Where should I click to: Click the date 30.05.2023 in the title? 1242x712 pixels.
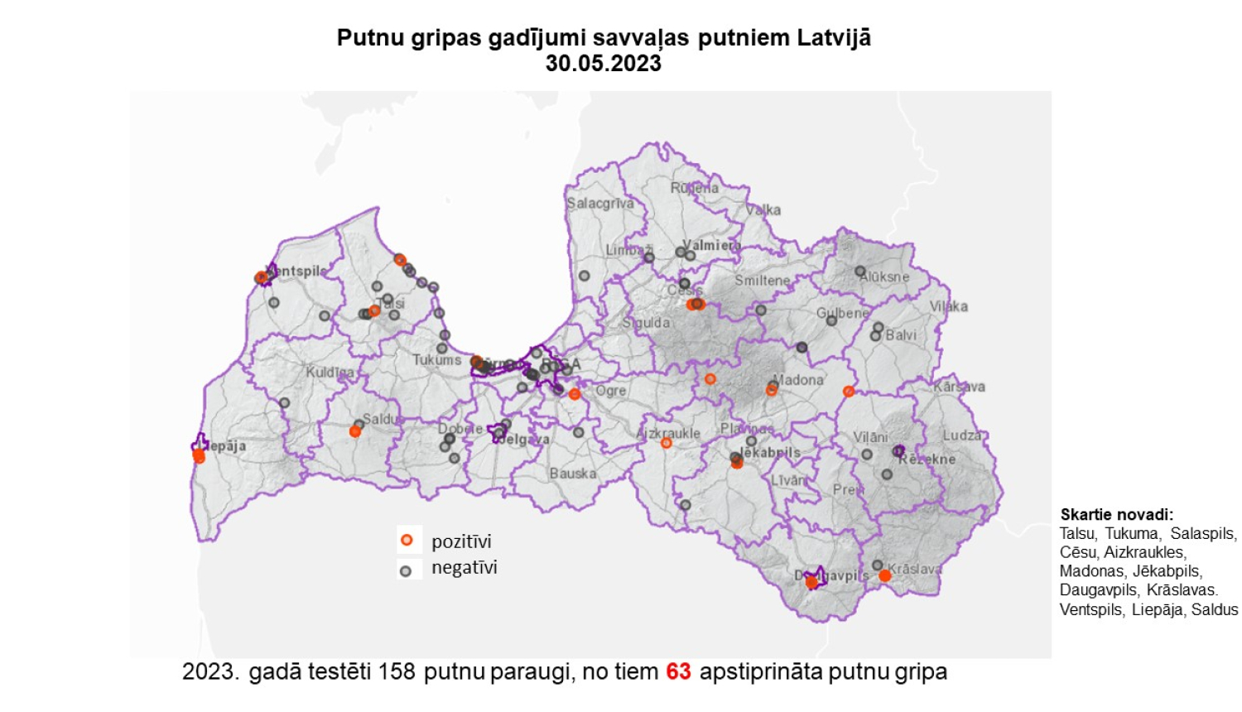click(x=603, y=64)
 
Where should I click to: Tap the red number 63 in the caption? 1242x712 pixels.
click(x=678, y=671)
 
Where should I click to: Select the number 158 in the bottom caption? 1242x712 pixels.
click(x=396, y=671)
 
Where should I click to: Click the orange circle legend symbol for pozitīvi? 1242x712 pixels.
click(x=407, y=541)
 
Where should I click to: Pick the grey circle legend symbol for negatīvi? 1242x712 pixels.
click(x=406, y=570)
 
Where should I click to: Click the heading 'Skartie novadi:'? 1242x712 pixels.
click(x=1116, y=515)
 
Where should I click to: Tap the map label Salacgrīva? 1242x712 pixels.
click(x=599, y=203)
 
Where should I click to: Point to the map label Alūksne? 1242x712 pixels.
click(x=884, y=277)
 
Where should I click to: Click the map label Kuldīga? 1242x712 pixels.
click(x=330, y=373)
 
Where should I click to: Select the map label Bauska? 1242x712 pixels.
click(x=572, y=474)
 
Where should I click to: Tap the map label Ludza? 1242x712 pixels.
click(x=961, y=435)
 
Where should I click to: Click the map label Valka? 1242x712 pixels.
click(x=763, y=210)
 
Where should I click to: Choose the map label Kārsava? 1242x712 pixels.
click(x=959, y=387)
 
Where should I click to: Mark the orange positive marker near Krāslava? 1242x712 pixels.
click(x=884, y=575)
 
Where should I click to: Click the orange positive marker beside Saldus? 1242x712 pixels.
click(x=355, y=431)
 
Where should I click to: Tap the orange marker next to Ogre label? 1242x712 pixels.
click(x=575, y=395)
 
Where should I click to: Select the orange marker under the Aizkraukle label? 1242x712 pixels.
click(x=666, y=443)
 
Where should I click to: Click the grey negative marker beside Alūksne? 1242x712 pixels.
click(x=860, y=271)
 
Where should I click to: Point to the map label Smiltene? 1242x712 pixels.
click(x=762, y=281)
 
